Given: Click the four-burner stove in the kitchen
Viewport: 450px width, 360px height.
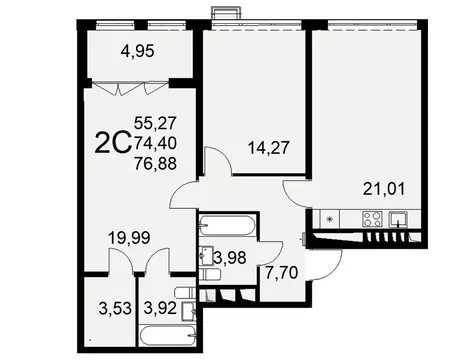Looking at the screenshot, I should [x=371, y=220].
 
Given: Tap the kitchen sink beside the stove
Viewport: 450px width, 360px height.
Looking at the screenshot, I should [x=399, y=220].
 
